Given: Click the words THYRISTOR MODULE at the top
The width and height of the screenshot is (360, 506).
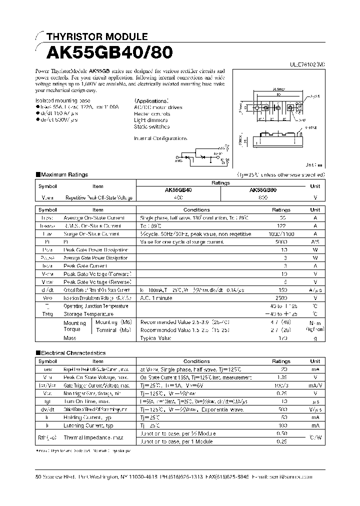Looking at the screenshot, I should [96, 36].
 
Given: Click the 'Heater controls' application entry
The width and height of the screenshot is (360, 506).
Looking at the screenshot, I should [152, 114].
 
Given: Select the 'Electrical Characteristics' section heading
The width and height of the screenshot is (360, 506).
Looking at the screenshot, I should [73, 353].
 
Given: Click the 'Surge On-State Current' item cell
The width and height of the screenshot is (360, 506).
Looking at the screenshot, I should [91, 233].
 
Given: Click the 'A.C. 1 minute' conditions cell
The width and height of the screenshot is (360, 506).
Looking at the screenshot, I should [156, 298].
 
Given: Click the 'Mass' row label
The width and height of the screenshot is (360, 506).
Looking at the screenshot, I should [70, 338].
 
